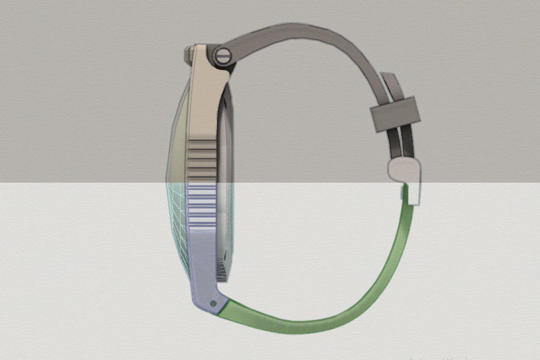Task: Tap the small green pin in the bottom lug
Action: point(212,303)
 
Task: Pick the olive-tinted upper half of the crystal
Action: point(178,138)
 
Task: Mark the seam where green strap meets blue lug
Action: point(226,304)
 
